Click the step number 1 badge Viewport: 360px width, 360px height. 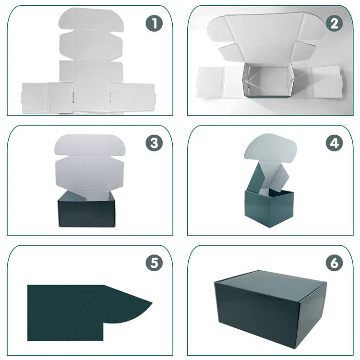tap(154, 23)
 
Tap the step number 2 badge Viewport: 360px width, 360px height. tap(334, 23)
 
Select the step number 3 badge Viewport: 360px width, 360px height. tap(154, 143)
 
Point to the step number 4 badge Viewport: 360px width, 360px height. tap(334, 143)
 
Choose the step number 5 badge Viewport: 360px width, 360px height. tap(154, 263)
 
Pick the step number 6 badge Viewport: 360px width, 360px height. tap(334, 263)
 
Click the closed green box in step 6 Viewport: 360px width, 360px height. tap(270, 309)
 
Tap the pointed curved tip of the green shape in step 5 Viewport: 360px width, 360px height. tap(152, 303)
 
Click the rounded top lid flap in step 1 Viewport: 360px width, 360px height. tap(91, 19)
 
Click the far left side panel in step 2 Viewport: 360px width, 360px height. tap(209, 82)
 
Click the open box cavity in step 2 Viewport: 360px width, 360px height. tap(267, 80)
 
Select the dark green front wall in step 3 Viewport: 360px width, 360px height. tap(86, 214)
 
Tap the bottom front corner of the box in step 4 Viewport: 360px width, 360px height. tap(270, 228)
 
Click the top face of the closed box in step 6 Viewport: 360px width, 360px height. tap(270, 285)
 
